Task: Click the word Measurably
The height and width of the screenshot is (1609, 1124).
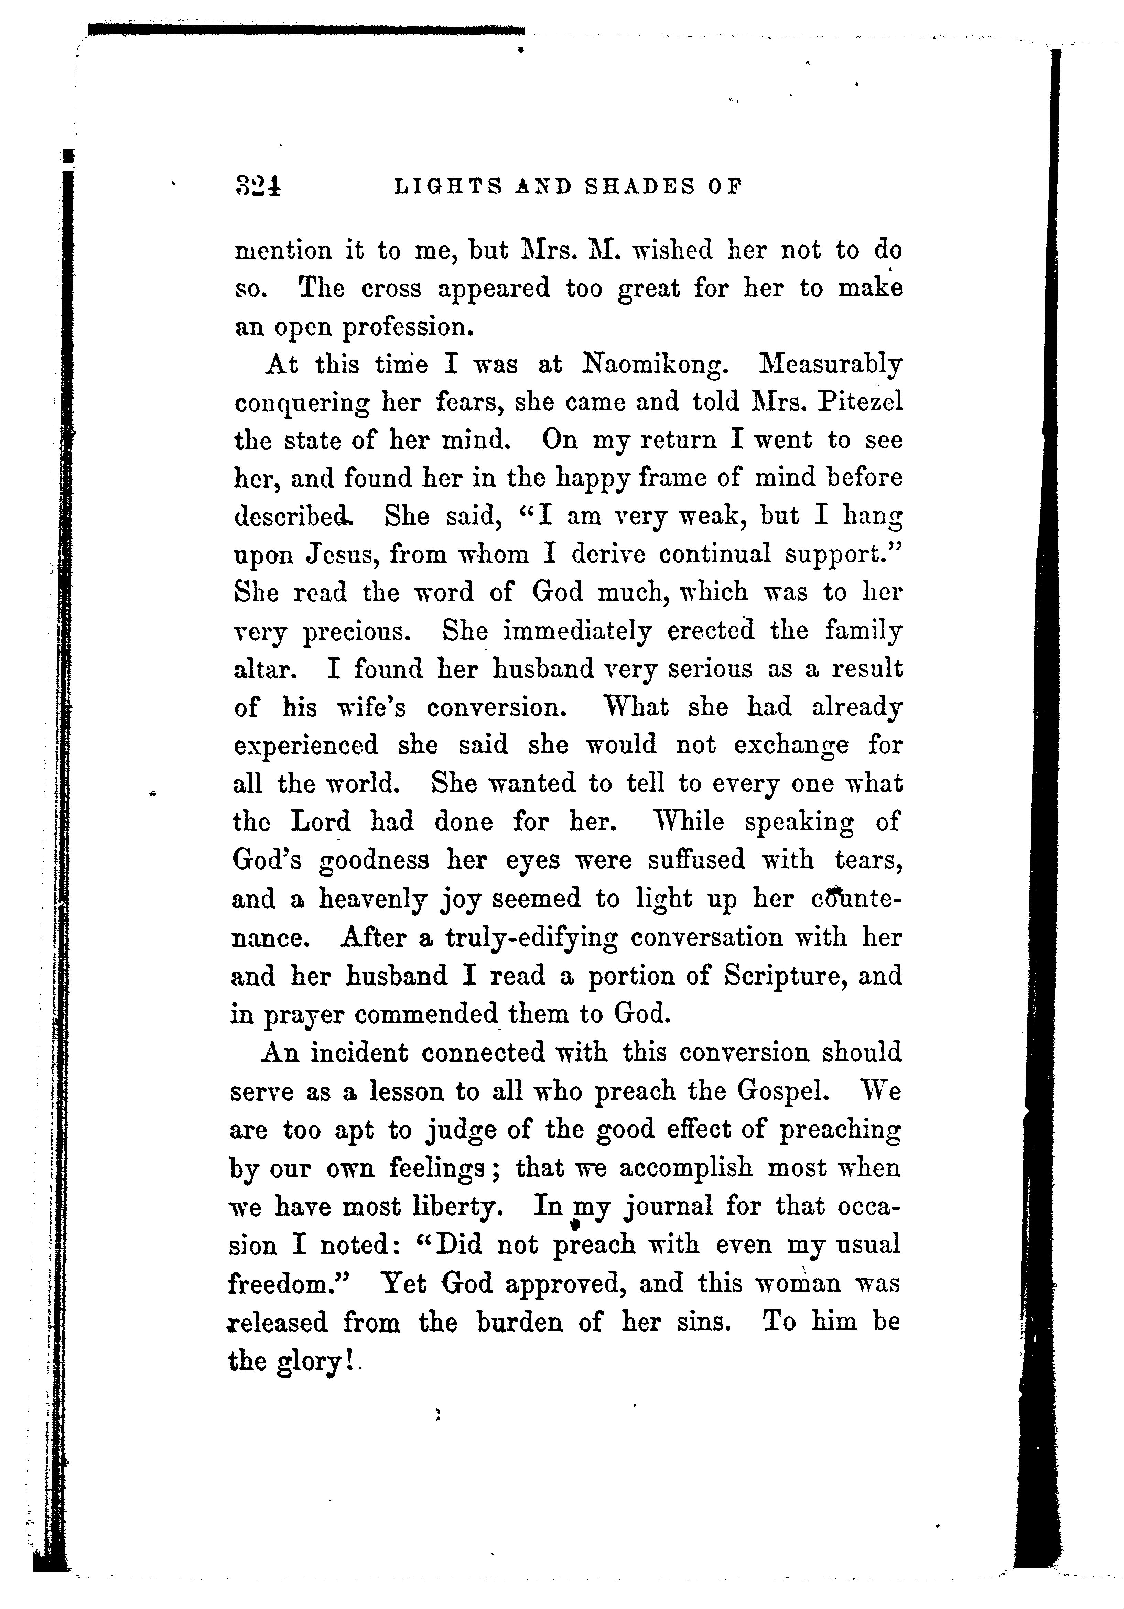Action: (x=831, y=365)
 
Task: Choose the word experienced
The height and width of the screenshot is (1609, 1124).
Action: (x=305, y=746)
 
